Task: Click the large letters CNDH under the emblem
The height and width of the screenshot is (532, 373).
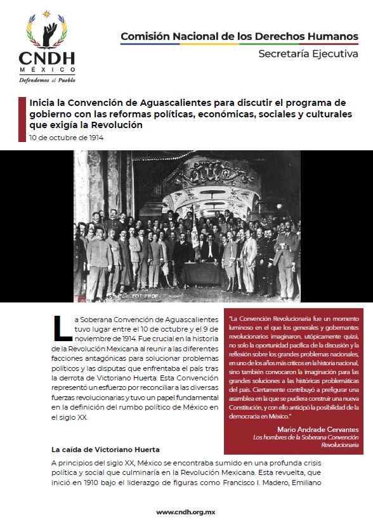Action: point(46,58)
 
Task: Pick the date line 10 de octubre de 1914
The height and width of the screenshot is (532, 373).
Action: point(66,137)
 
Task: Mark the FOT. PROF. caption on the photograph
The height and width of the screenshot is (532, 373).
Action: point(142,295)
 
